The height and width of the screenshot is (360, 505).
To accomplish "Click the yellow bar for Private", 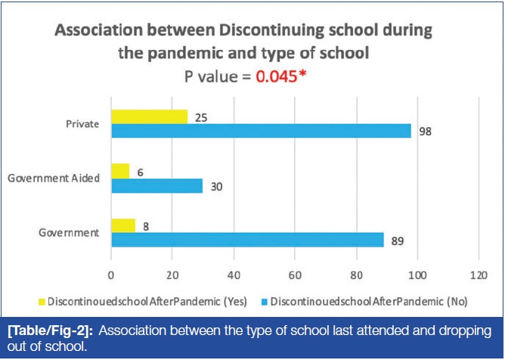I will click(x=149, y=116).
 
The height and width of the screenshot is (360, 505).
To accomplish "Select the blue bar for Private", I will click(x=261, y=131).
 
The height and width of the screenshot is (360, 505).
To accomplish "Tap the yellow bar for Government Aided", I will click(x=120, y=172).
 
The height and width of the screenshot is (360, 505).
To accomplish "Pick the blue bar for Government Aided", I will click(x=156, y=186).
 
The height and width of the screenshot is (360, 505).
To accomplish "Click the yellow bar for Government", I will click(x=123, y=225).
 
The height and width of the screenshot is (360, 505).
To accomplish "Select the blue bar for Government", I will click(x=247, y=239).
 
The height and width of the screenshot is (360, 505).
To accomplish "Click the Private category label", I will click(x=84, y=124).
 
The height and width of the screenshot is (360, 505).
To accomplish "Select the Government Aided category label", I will click(x=54, y=178).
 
